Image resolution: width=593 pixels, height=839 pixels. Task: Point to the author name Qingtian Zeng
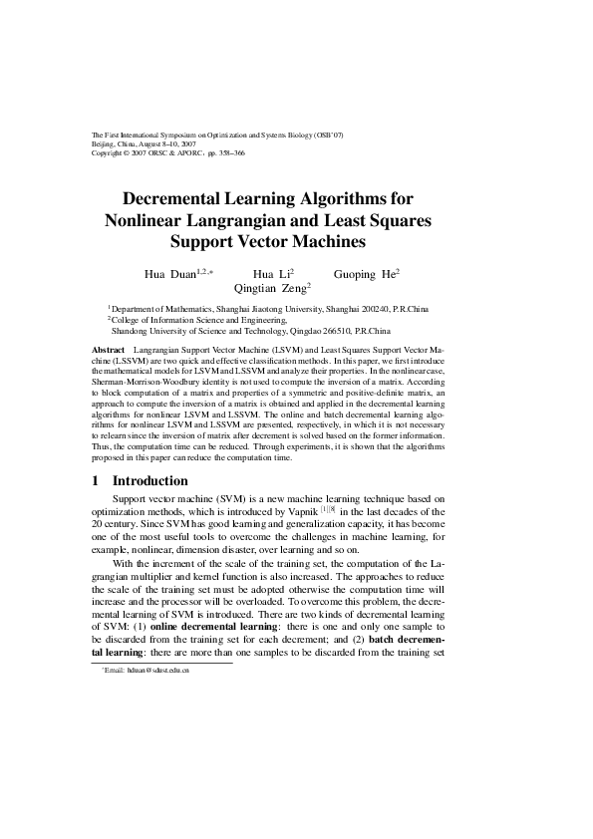270,287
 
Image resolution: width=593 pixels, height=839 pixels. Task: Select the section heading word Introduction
150,481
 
